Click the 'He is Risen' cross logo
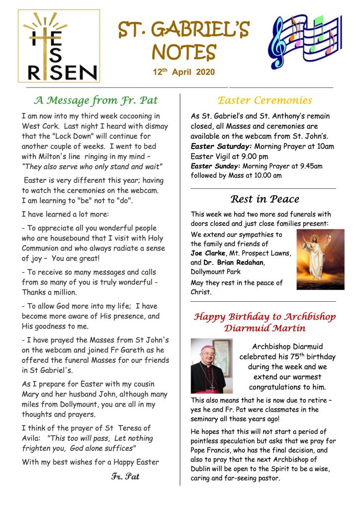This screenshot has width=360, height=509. coord(59,46)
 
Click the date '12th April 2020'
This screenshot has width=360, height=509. coord(183,73)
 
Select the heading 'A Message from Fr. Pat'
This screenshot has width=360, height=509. coord(95,100)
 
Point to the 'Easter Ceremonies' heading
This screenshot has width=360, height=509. coord(265,100)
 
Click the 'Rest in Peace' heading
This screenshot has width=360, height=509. coord(265,199)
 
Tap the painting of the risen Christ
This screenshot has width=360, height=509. coord(320,259)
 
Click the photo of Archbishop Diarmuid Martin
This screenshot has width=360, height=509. coord(211,366)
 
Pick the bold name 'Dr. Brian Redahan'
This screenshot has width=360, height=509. coord(237,262)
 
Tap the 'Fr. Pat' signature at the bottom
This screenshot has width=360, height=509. coord(125,477)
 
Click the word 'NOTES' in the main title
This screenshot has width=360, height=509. coord(183,52)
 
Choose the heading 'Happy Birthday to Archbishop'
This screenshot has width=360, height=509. coord(265,317)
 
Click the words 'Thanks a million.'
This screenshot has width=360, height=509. coord(49,292)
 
